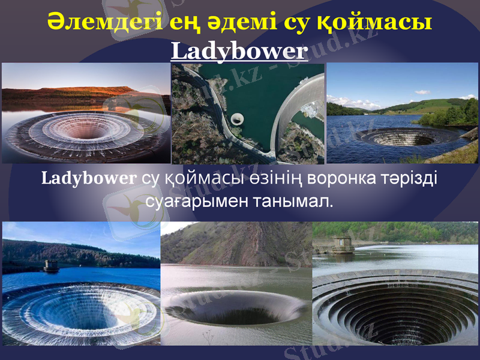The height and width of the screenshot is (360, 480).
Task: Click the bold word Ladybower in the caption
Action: pyautogui.click(x=89, y=179)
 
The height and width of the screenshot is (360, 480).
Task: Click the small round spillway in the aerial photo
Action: pyautogui.click(x=238, y=118)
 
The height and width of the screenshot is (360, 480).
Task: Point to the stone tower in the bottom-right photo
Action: pyautogui.click(x=341, y=244)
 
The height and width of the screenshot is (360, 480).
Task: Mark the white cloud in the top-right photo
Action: pyautogui.click(x=422, y=92)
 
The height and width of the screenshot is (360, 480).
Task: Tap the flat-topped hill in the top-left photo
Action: pyautogui.click(x=90, y=91)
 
